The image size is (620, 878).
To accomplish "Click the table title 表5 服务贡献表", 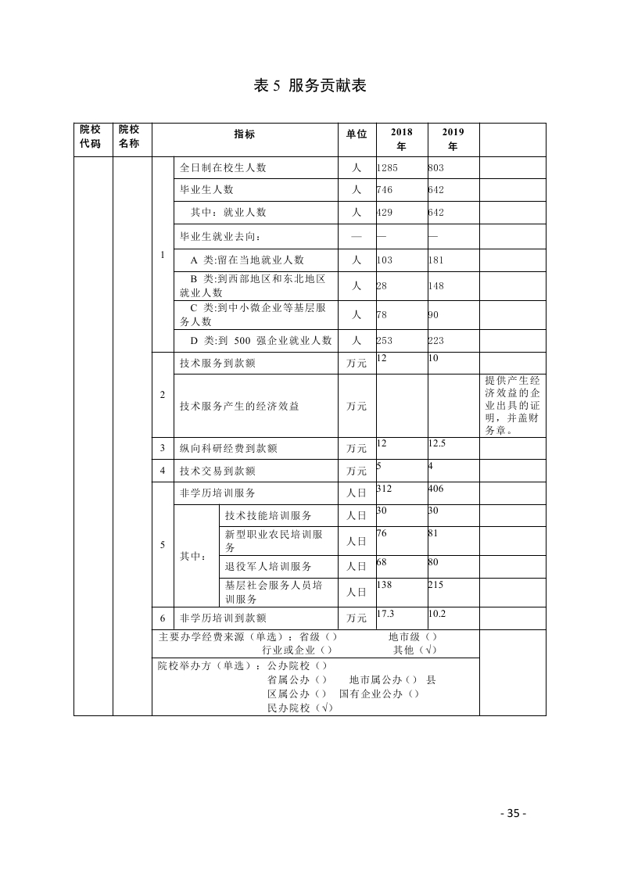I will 310,86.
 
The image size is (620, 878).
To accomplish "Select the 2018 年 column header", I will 402,139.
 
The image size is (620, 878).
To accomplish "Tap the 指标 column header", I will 244,134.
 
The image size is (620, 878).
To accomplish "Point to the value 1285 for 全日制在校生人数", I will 388,167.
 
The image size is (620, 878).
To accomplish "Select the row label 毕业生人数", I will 206,189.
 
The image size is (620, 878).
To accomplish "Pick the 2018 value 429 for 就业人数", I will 385,212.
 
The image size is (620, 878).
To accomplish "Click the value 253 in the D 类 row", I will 385,340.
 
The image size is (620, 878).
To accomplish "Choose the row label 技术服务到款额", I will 217,363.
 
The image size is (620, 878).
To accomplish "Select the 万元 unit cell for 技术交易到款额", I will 357,471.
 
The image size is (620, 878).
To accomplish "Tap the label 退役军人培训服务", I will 267,566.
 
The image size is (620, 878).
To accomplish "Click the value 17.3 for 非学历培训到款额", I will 385,614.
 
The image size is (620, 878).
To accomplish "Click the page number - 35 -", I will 513,813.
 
